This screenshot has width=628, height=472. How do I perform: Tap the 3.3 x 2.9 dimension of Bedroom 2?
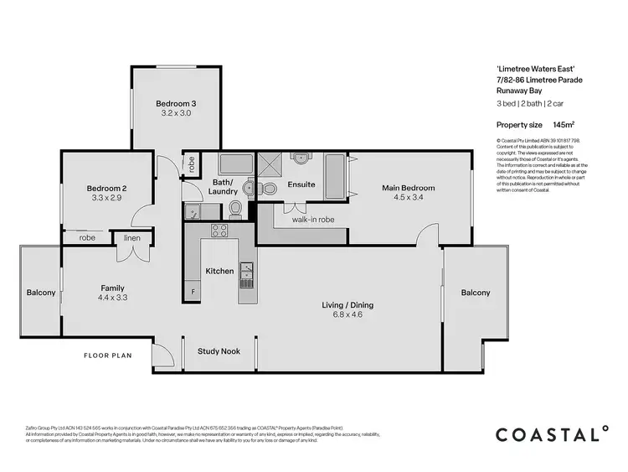click(x=107, y=199)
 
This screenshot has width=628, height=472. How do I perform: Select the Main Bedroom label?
click(x=409, y=188)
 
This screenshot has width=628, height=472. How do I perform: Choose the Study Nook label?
click(x=219, y=351)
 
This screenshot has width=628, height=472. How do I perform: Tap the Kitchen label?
click(x=219, y=272)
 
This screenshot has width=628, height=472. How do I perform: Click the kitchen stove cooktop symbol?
click(x=220, y=231)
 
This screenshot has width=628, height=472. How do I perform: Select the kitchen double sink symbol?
click(x=247, y=271)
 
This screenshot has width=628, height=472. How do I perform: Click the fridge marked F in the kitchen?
click(x=194, y=292)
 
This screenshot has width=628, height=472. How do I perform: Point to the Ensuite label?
click(x=301, y=184)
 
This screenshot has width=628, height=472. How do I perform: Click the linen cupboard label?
click(x=132, y=238)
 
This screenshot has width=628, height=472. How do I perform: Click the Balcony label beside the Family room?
click(x=41, y=293)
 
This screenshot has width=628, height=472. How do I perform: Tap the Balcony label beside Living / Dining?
click(x=475, y=293)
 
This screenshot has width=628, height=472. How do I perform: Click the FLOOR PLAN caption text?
click(x=108, y=355)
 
